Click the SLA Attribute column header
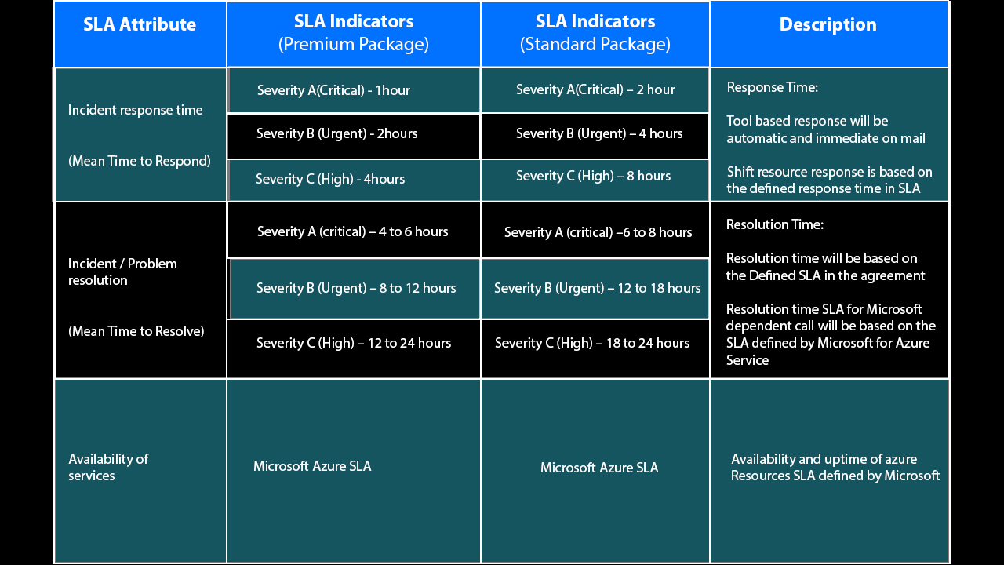(x=140, y=24)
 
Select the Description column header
(x=828, y=24)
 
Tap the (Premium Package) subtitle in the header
(x=354, y=44)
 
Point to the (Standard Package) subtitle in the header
(x=595, y=44)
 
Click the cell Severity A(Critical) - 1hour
(x=333, y=90)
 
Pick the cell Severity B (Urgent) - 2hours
(x=336, y=133)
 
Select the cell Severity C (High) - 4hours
(x=330, y=179)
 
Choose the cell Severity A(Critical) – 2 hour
(x=595, y=89)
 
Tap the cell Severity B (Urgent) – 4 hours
(x=599, y=133)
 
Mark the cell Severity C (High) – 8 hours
(x=593, y=176)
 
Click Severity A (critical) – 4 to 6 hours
(x=353, y=231)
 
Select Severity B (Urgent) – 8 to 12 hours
(x=356, y=288)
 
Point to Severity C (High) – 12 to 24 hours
(x=354, y=343)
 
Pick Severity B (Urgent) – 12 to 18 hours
(x=597, y=288)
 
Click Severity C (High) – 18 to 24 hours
(x=592, y=343)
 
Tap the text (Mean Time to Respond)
(x=140, y=161)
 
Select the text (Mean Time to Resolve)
(x=136, y=331)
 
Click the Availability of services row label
(x=108, y=467)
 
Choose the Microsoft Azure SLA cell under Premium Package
(x=312, y=466)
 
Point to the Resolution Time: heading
(x=775, y=224)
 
